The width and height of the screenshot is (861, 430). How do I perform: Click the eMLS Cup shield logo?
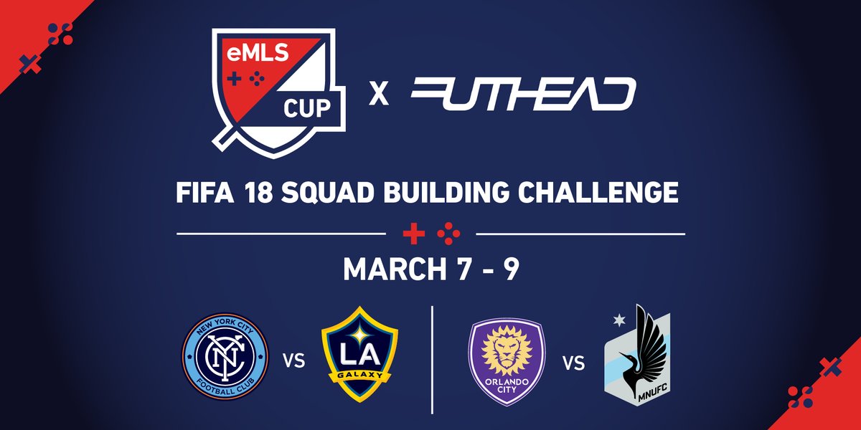[278, 93]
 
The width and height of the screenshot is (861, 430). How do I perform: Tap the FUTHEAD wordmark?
[523, 94]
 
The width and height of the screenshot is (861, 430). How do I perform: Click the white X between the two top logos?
[379, 95]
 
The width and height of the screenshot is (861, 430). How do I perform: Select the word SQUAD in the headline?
[327, 192]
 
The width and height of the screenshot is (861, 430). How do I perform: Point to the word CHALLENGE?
[598, 191]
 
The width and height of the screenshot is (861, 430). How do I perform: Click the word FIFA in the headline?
[205, 192]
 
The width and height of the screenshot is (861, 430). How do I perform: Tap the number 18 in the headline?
[258, 192]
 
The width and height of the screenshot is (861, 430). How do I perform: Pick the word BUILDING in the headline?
[446, 191]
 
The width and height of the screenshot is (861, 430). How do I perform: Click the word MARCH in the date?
[395, 269]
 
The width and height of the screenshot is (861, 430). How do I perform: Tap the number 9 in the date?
[512, 269]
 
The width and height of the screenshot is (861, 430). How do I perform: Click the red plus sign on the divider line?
[414, 234]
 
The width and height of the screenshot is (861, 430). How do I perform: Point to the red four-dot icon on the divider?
[448, 234]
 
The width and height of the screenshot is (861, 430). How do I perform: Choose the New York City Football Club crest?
[225, 356]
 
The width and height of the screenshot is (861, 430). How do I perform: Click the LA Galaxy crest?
[359, 354]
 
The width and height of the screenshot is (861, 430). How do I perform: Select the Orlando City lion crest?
[507, 362]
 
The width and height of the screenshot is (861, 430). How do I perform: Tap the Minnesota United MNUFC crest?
[637, 355]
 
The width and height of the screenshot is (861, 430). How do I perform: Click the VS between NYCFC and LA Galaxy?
[294, 360]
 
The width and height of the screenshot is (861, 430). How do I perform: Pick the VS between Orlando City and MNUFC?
[574, 363]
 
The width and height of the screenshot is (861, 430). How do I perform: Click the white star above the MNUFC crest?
[619, 320]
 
